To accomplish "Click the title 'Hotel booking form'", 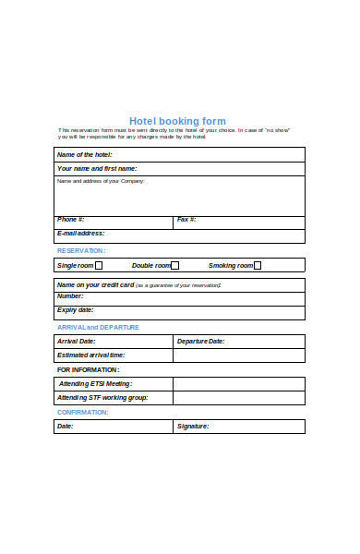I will pos(177,121).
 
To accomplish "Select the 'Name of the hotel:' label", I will pos(84,154).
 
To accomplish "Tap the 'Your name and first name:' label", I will pos(96,169).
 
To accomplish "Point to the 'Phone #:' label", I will pos(70,220).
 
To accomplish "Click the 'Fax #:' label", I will pos(186,220).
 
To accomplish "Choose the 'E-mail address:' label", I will pos(80,234).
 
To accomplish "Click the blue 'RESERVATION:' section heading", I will pos(81,251).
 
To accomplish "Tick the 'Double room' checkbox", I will pos(174,266).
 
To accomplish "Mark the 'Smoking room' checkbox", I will pos(258,266).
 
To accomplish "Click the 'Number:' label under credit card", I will pos(70,296).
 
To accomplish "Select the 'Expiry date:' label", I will pos(75,310).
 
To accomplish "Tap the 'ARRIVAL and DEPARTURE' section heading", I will pos(98,327).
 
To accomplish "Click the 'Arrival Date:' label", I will pos(76,342).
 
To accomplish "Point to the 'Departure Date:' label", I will pos(200,342).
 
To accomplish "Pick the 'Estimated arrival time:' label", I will pos(90,355).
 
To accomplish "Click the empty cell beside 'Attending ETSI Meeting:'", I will pos(238,383).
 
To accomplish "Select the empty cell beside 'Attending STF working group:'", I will pos(238,398).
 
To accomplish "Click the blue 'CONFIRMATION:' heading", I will pos(82,412).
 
